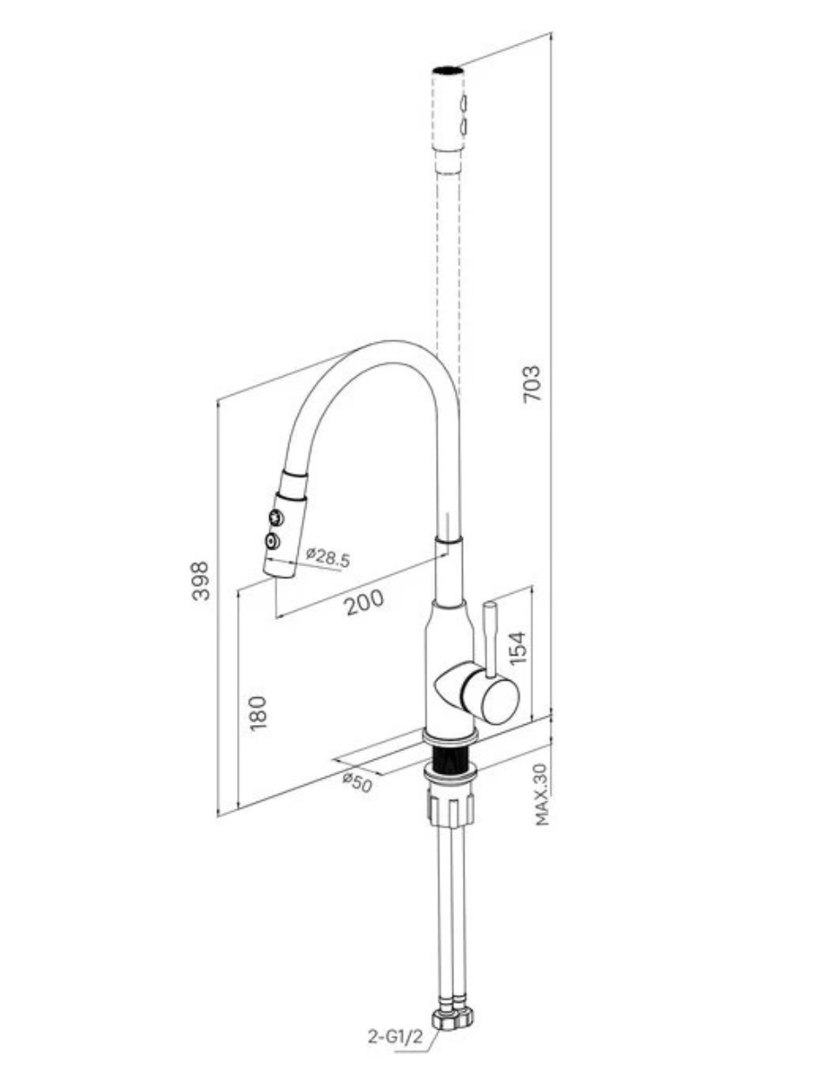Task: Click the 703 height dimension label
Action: coord(532,384)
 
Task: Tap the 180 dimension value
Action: coord(257,714)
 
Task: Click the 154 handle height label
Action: coord(518,648)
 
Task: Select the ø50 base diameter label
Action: coord(358,783)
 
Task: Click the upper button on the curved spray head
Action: coord(277,517)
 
